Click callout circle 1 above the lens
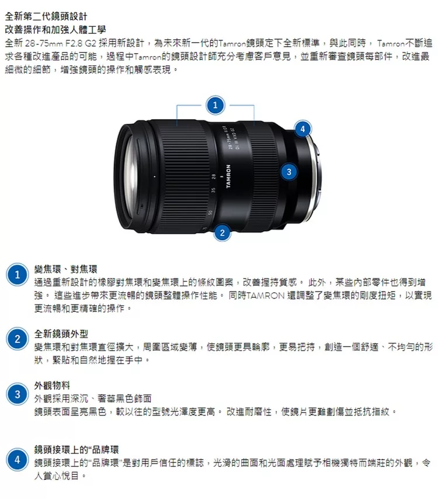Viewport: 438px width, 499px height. [x=215, y=105]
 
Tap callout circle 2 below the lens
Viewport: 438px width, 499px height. [x=222, y=233]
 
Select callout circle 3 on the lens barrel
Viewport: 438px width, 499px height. [x=289, y=172]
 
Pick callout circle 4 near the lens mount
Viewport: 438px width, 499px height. [x=303, y=129]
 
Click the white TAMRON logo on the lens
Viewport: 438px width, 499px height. [x=228, y=176]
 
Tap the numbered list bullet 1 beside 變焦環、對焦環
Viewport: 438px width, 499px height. [x=17, y=275]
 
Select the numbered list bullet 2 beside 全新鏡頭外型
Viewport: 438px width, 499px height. [x=17, y=339]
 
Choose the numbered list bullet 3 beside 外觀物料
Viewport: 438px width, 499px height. [x=17, y=394]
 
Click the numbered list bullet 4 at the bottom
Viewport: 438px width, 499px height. [x=17, y=460]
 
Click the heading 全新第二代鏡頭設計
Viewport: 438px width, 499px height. [x=46, y=16]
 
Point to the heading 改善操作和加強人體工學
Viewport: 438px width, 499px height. [x=55, y=30]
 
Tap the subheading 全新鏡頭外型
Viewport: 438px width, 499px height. [x=61, y=334]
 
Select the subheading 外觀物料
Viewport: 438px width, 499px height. [x=52, y=386]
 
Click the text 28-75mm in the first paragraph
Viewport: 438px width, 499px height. [x=44, y=43]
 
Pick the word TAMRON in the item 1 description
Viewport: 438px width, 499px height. [x=265, y=296]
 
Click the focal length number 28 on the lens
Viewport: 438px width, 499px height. [x=214, y=176]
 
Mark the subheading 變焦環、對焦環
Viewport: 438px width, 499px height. [x=65, y=269]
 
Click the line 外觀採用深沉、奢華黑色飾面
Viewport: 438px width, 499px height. [x=93, y=398]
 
